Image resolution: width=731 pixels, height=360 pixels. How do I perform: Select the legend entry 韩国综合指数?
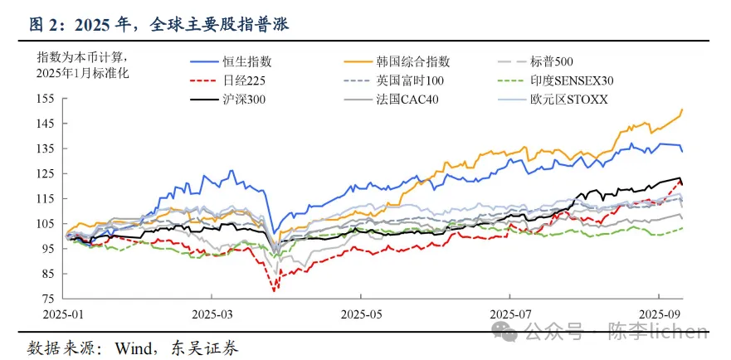(412, 61)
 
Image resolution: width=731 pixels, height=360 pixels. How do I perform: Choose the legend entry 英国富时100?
(410, 80)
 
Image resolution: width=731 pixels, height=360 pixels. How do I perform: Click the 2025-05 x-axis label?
(360, 316)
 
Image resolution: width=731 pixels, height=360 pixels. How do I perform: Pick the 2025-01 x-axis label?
(63, 316)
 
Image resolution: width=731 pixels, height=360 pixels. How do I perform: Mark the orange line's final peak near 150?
(681, 109)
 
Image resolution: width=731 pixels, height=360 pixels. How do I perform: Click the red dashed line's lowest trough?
(273, 290)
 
